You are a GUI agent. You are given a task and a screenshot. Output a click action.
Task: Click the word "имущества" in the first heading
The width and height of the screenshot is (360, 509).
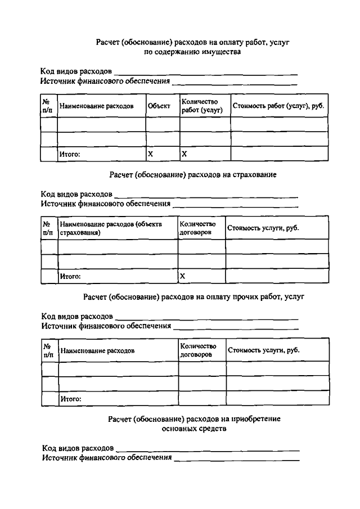point(223,52)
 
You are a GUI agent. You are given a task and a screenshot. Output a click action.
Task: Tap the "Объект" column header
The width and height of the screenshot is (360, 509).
point(159,106)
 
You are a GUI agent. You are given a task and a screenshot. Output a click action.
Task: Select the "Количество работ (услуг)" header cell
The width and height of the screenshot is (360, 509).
point(202,106)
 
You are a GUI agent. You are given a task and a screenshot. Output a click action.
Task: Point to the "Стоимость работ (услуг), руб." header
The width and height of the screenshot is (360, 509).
point(278,106)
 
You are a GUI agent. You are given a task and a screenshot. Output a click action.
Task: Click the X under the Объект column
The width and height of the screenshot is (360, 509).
point(150,154)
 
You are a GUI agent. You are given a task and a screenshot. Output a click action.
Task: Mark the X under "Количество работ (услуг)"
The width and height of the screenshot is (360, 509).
point(184,154)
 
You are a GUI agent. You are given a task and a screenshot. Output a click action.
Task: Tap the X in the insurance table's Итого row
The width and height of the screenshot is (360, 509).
point(182,276)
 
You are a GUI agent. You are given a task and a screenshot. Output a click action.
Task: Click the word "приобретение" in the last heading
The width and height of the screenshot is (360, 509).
point(256,419)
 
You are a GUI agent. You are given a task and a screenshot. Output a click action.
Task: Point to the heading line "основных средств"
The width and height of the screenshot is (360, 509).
point(193,429)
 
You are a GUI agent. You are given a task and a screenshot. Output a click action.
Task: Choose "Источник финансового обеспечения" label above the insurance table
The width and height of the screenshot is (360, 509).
point(106,204)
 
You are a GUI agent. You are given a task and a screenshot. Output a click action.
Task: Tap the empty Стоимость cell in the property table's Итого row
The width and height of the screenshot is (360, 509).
point(278,154)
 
